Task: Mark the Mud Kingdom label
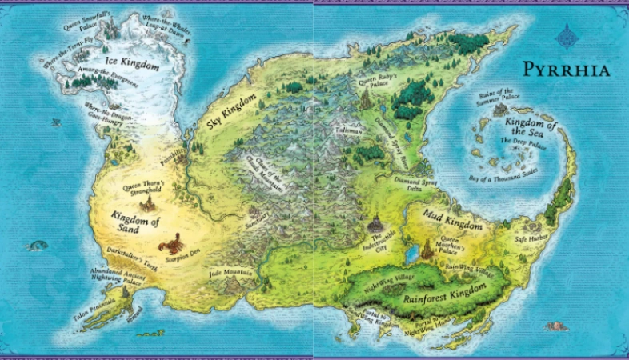[443, 213]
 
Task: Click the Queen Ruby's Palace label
[375, 80]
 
